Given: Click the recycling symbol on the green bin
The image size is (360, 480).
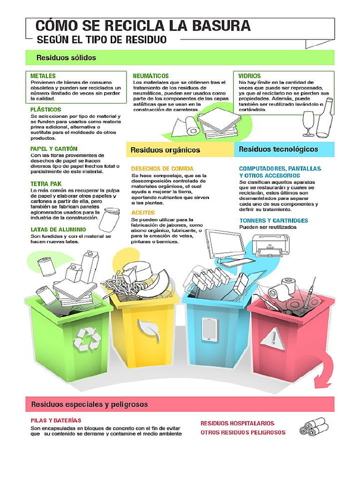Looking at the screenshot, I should (x=88, y=339).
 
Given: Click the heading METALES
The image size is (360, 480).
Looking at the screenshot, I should (x=43, y=76).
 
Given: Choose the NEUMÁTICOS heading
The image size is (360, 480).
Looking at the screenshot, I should (x=150, y=75).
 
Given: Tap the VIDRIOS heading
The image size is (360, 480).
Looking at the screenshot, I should (x=250, y=75).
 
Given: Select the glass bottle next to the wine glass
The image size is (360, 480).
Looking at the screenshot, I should (x=324, y=119).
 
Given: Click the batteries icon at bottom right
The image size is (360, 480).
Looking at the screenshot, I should (x=314, y=427).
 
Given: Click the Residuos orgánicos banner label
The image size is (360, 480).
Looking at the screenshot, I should (x=165, y=150).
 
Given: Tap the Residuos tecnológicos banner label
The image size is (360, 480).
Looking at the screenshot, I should (x=278, y=150).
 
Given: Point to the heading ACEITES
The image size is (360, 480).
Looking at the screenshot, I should (x=143, y=213).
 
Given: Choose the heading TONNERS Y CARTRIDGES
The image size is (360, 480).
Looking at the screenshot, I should (x=274, y=220).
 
